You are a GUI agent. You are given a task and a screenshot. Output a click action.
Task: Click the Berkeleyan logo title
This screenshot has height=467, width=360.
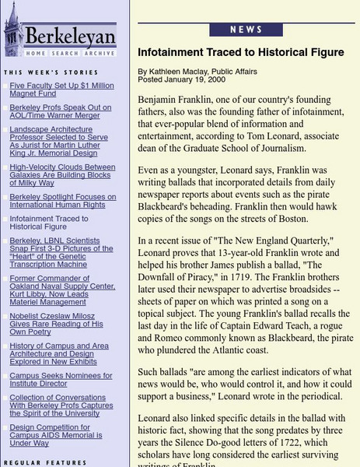pos(71,37)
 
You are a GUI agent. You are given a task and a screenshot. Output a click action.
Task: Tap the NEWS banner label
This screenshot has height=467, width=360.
pos(246,30)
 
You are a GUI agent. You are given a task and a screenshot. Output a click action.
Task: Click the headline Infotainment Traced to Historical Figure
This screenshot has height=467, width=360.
pos(240,53)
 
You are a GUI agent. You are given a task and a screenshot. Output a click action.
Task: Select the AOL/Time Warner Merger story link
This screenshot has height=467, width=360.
pos(60,112)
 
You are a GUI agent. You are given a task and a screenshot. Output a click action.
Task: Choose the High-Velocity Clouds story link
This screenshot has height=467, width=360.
pos(62,176)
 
